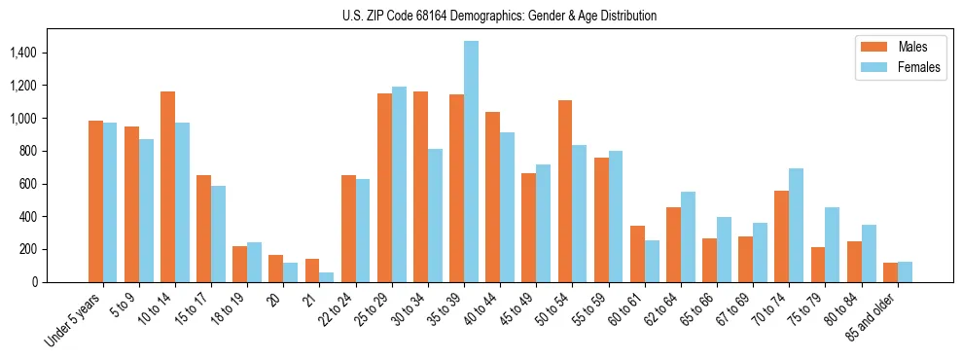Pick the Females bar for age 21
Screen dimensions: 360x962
(x=327, y=276)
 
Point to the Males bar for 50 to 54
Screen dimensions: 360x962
(x=565, y=191)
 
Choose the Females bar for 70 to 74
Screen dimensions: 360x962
(x=796, y=225)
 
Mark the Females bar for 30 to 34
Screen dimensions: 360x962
(x=435, y=215)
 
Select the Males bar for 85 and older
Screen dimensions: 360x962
(x=890, y=272)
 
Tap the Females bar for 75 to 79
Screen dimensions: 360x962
(x=832, y=244)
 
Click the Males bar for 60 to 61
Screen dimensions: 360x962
(x=637, y=254)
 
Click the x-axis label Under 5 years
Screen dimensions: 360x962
(x=73, y=319)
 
